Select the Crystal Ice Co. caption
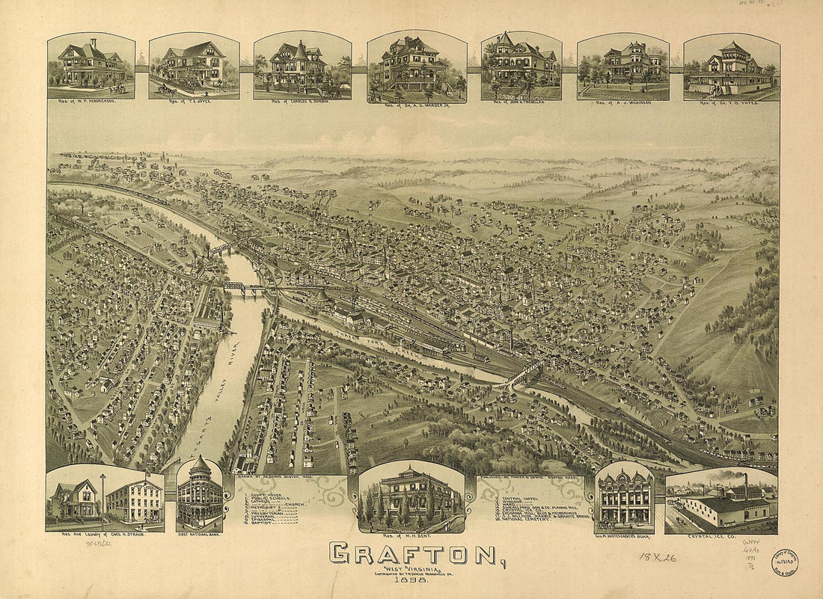click(720, 535)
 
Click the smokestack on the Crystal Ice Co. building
click(745, 485)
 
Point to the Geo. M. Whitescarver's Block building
click(625, 497)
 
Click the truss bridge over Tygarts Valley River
click(245, 286)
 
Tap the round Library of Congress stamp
click(784, 562)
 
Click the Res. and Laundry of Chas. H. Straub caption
click(105, 536)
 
